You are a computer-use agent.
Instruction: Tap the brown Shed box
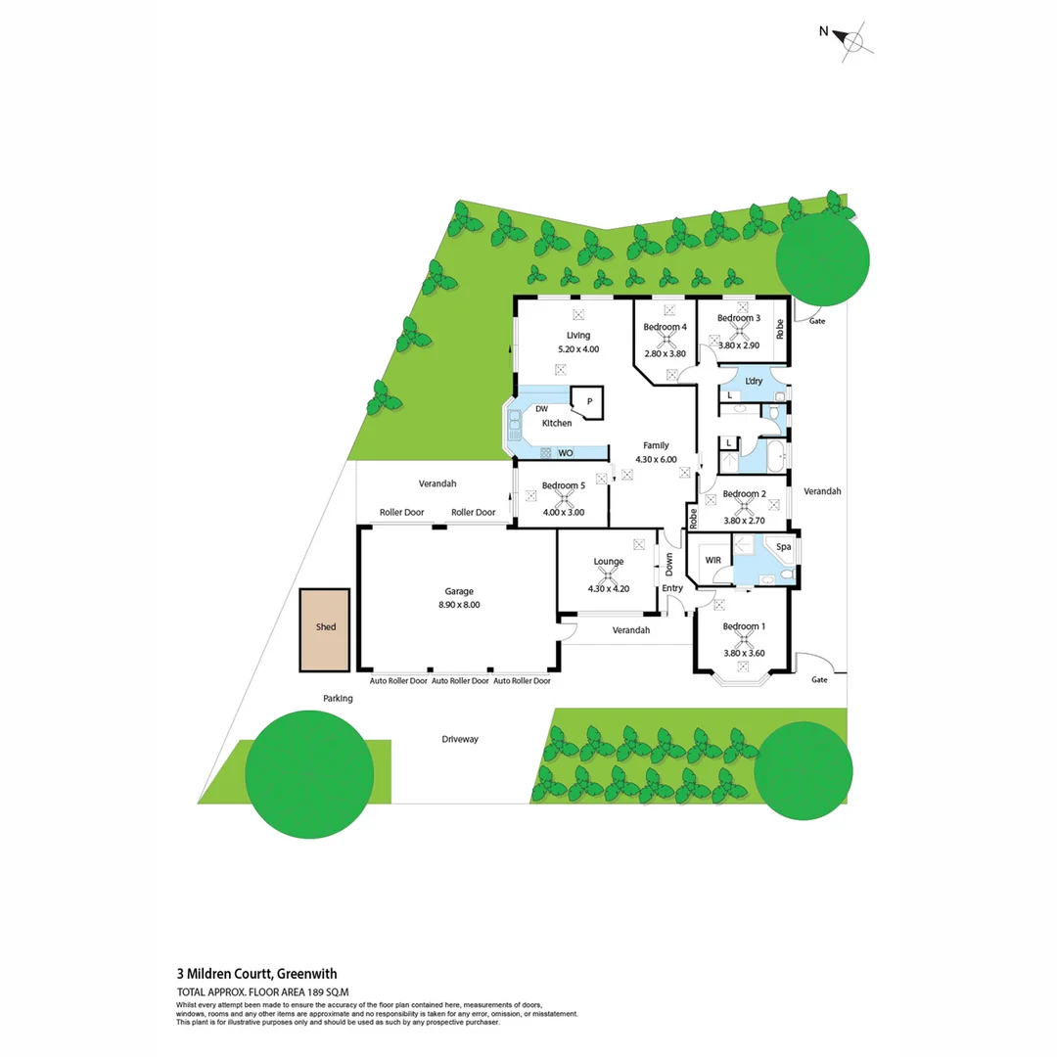(x=325, y=629)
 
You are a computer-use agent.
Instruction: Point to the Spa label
(x=783, y=547)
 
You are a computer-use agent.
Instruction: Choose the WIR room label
(x=712, y=560)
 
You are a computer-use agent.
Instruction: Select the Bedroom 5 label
(x=563, y=485)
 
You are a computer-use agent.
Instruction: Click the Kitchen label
(x=557, y=423)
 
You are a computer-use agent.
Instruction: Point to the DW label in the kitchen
(x=540, y=409)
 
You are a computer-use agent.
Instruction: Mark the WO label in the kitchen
(x=566, y=453)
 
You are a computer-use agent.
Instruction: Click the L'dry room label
(x=754, y=381)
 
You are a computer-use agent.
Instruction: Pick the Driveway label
(x=459, y=739)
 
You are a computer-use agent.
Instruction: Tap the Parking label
(x=338, y=699)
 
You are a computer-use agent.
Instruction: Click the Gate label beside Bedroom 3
(x=817, y=321)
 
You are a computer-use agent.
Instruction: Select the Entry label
(x=672, y=588)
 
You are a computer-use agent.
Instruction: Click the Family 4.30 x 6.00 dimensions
(x=656, y=459)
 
